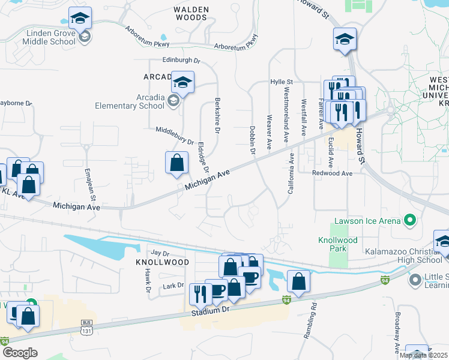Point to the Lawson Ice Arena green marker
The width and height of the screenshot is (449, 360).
click(411, 221)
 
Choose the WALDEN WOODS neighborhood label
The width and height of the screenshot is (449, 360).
click(191, 14)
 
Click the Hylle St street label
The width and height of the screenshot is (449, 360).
click(281, 82)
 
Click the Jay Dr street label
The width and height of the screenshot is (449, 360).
click(157, 253)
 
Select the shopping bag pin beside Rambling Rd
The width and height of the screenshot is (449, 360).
click(298, 281)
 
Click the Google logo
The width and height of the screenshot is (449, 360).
click(19, 353)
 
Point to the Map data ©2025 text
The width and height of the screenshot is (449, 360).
click(424, 355)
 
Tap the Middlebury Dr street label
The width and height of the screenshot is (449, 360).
click(175, 137)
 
